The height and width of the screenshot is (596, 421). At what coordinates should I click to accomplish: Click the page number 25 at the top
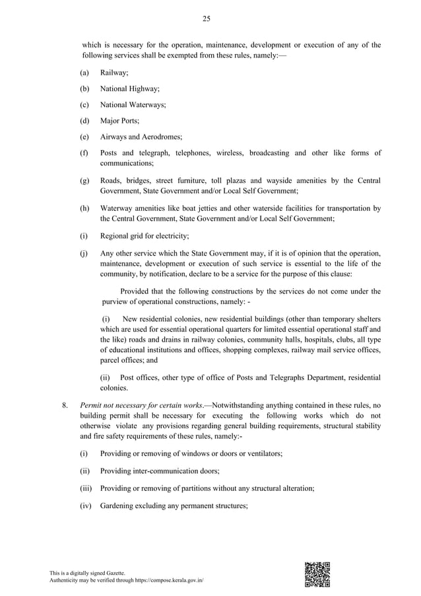coord(207,19)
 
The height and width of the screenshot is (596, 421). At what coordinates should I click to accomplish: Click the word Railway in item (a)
coord(114,70)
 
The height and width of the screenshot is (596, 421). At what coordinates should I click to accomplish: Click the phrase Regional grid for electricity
coord(145,235)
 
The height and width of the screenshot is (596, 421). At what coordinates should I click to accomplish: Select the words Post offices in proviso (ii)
coord(139,377)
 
